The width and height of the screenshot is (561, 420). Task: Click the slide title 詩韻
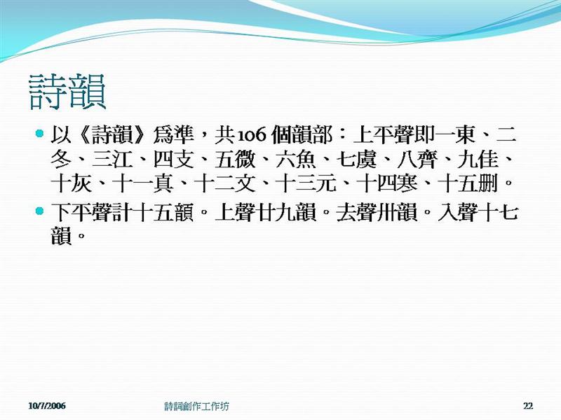coord(67,92)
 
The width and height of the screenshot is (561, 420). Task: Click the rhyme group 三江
coord(112,160)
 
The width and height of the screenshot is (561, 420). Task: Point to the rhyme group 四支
coord(174,160)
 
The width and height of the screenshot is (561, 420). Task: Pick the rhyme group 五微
coord(235,160)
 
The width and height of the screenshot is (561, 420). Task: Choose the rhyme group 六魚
coord(296,160)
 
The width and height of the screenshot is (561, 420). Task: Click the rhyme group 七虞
coord(357,160)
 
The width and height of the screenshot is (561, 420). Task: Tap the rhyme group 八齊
coord(417,160)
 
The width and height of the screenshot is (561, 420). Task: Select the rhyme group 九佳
coord(478,160)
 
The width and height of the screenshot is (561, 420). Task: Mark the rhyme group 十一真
coord(143,184)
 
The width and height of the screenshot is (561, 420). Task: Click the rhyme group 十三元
coord(306,184)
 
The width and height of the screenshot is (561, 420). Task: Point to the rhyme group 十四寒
coord(388,184)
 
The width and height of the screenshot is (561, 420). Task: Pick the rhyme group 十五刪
coord(468,184)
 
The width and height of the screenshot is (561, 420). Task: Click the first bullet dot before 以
coord(39,134)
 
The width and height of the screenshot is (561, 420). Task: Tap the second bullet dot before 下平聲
coord(39,211)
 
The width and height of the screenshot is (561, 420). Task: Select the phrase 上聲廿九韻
coord(266,213)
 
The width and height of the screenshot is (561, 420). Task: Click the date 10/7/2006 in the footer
coord(47,406)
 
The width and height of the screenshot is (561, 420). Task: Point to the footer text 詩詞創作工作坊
coord(197,406)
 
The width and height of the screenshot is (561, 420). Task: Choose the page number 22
coord(528,406)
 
